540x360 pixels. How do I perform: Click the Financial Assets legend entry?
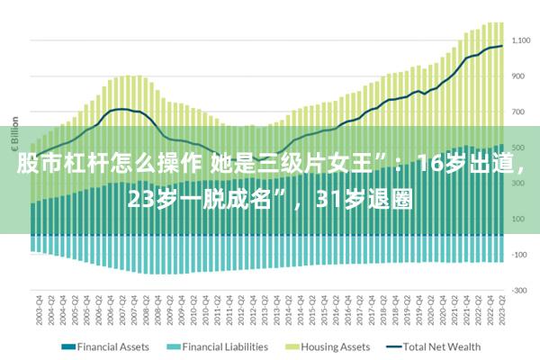tap(112, 346)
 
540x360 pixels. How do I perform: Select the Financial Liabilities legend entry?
tap(224, 346)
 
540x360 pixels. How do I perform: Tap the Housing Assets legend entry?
tap(335, 346)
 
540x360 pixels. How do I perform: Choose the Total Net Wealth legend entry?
tap(441, 346)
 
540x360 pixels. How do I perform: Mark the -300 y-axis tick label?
tap(521, 290)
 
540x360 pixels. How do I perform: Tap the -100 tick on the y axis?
tap(521, 254)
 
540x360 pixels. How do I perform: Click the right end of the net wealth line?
tap(502, 46)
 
